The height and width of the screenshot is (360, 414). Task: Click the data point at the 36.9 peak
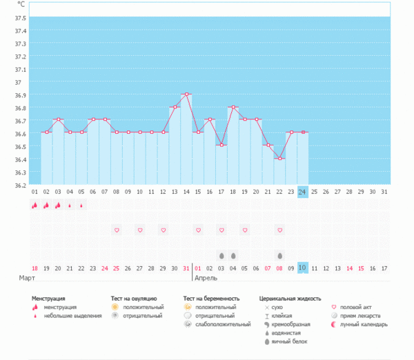click(x=186, y=94)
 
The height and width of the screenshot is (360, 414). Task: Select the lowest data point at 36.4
click(x=279, y=159)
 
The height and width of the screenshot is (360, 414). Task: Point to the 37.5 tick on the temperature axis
click(x=20, y=17)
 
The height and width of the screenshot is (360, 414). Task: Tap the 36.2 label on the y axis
click(x=20, y=184)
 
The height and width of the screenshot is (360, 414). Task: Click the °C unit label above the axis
click(x=21, y=4)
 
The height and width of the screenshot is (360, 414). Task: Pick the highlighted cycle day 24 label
click(x=302, y=192)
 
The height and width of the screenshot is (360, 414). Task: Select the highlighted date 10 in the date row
click(x=302, y=268)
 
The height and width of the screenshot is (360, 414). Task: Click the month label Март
click(x=27, y=278)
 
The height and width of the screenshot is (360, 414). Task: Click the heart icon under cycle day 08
click(x=117, y=230)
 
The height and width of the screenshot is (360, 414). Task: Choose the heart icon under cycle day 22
click(x=279, y=230)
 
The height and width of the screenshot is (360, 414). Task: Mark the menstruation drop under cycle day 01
click(x=34, y=206)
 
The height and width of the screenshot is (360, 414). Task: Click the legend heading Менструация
click(x=53, y=299)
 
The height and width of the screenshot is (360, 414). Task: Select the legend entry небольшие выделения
click(x=68, y=315)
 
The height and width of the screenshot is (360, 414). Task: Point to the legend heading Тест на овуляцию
click(x=138, y=299)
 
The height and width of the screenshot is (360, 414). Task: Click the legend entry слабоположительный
click(x=222, y=324)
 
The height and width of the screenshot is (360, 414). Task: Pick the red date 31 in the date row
click(x=186, y=268)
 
